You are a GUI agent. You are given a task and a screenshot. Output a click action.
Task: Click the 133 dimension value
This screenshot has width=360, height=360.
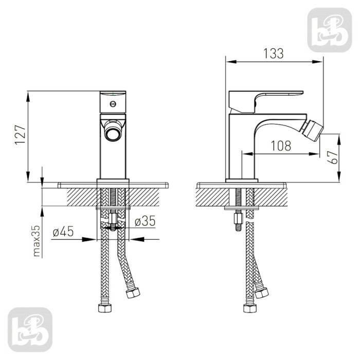[x=273, y=53]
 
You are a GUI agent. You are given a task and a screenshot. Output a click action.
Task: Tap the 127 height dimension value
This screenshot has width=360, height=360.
[x=20, y=135]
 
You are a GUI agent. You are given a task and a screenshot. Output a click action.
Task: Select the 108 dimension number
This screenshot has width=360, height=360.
[x=281, y=146]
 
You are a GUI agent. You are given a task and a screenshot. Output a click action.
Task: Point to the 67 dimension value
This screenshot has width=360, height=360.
[x=332, y=157]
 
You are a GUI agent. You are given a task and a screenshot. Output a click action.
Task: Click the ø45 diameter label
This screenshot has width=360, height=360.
[x=63, y=231]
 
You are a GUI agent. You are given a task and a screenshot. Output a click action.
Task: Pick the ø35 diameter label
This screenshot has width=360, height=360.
[x=145, y=221]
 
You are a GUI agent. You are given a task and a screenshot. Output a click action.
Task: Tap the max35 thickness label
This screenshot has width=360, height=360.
[x=37, y=241]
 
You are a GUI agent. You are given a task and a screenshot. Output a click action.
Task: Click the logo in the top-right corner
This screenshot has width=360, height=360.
[x=330, y=30]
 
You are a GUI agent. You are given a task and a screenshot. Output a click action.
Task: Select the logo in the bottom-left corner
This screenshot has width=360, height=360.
[x=30, y=330]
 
